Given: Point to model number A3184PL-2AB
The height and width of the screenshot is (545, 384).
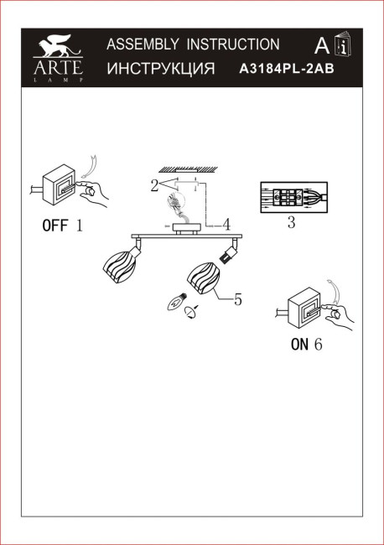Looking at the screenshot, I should tap(287, 70).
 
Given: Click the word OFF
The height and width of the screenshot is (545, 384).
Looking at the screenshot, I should tap(56, 226).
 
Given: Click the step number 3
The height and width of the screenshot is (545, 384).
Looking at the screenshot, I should tap(290, 223).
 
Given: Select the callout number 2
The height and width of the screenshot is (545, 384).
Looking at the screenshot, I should tap(154, 186).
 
